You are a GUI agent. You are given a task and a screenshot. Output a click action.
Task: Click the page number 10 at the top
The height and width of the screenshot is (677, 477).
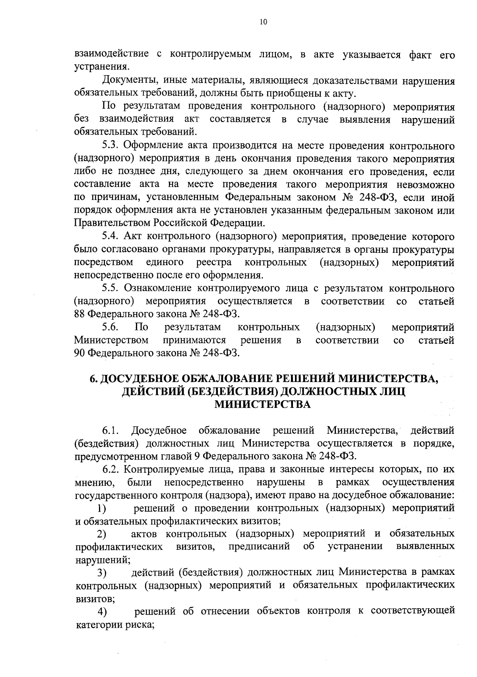(263, 22)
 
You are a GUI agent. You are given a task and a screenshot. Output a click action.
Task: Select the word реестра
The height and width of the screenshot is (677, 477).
(214, 262)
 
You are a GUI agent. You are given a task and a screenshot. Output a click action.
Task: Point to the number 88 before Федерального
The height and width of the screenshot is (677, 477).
(79, 314)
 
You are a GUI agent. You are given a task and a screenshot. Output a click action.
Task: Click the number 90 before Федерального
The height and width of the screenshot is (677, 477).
(79, 353)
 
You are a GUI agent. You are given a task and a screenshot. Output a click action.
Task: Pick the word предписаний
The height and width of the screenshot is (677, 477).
(260, 546)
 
